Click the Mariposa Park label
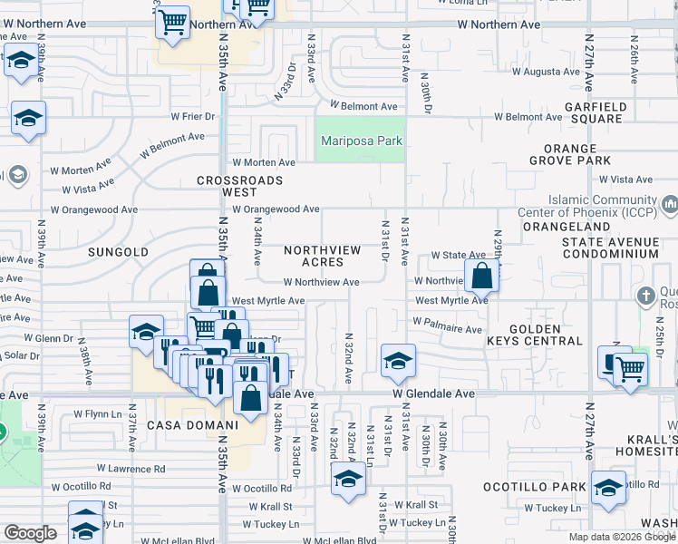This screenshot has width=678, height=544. tap(363, 141)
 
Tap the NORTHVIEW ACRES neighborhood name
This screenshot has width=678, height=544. tap(323, 256)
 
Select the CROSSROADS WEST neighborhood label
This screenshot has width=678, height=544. tap(240, 187)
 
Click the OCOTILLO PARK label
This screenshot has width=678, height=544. tap(548, 487)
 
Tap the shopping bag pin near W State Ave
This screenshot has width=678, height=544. tap(482, 275)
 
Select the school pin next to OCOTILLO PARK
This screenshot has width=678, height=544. tap(608, 487)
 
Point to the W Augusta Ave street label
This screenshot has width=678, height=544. tap(545, 72)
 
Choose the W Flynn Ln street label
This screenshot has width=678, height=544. tap(91, 414)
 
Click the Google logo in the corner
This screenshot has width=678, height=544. tap(30, 533)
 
